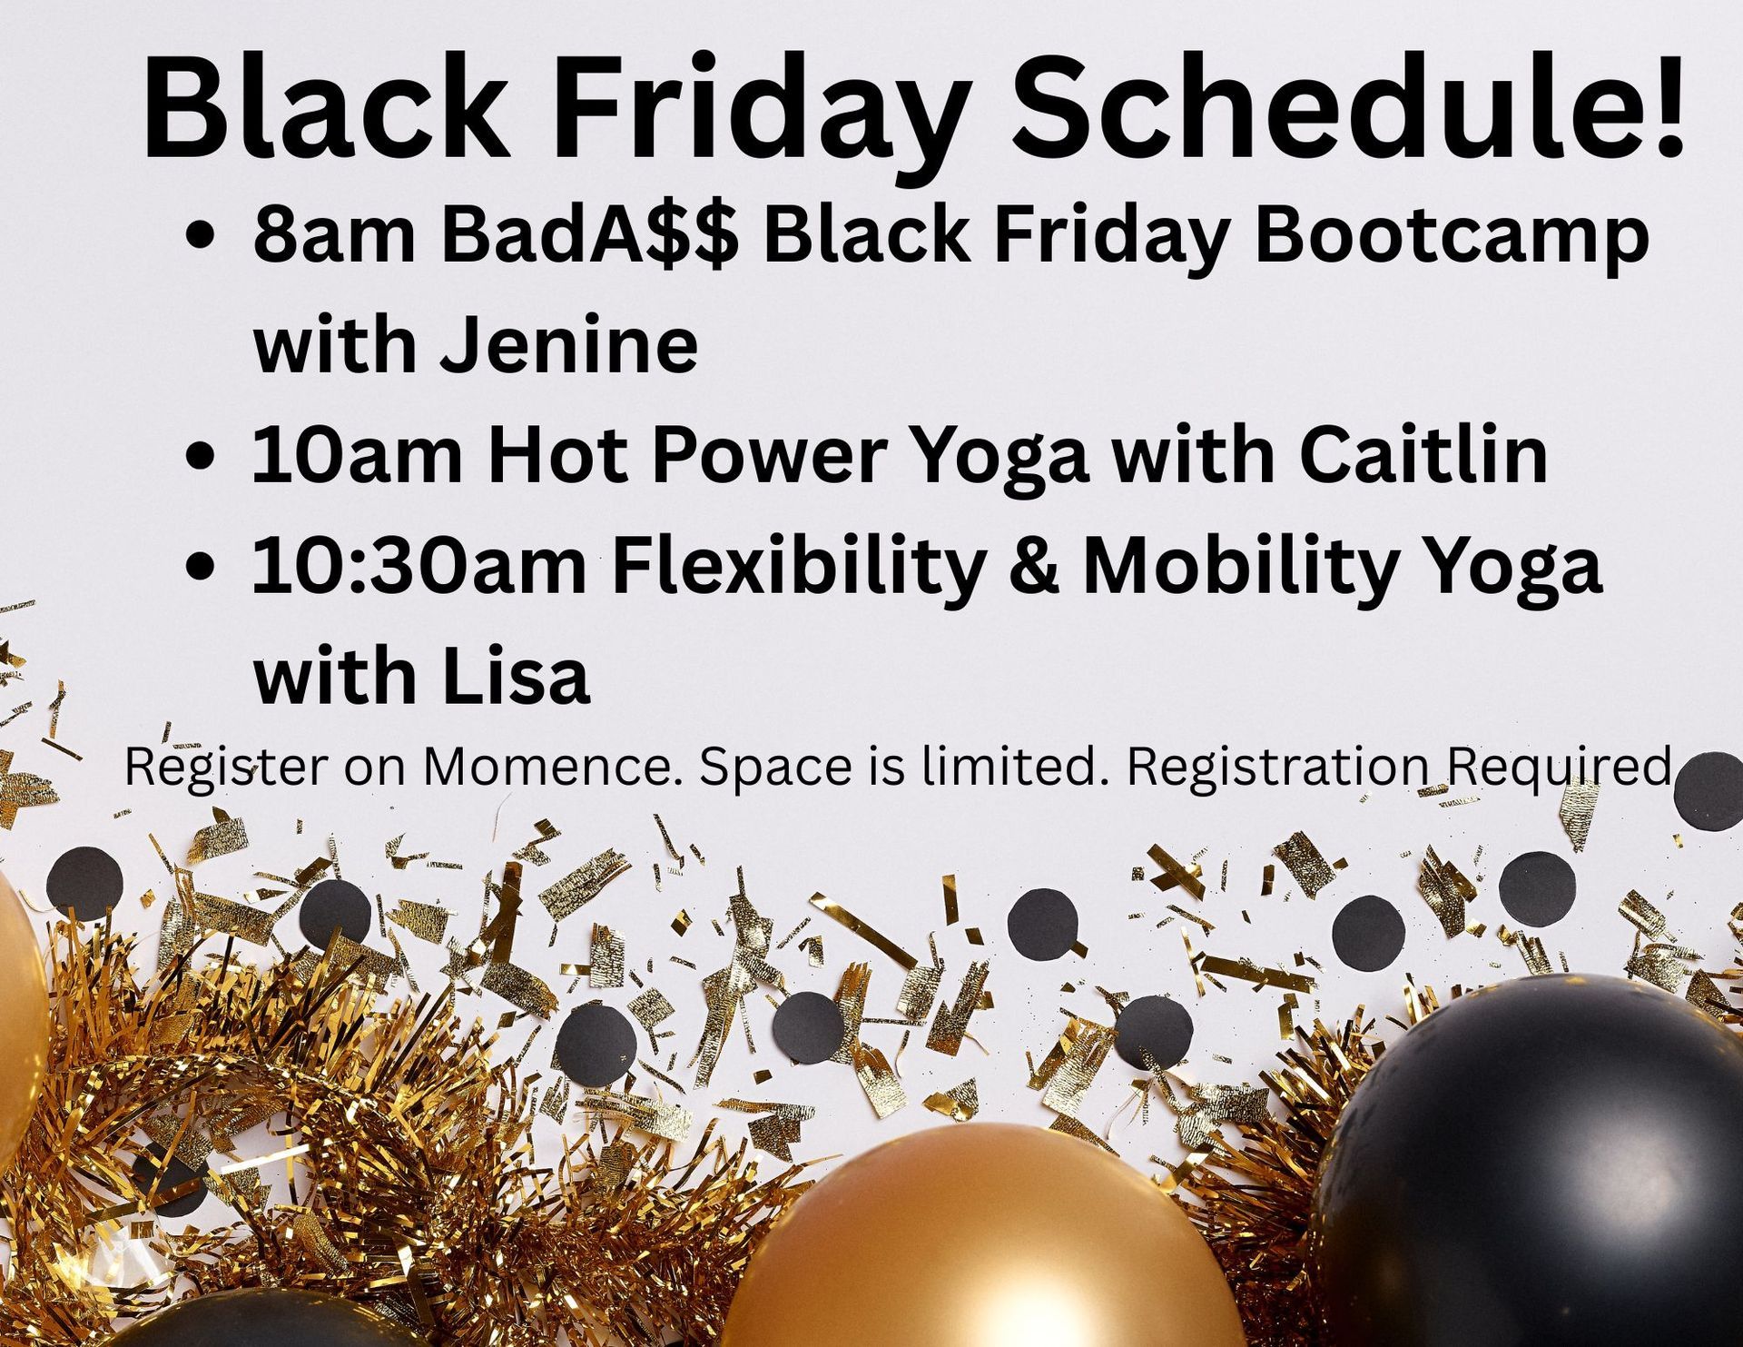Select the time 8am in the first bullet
pos(333,235)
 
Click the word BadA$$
pos(589,235)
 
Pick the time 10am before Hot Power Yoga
pos(356,453)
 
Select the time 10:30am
pos(419,565)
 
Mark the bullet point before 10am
pos(199,456)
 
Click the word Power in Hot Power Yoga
pos(768,453)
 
